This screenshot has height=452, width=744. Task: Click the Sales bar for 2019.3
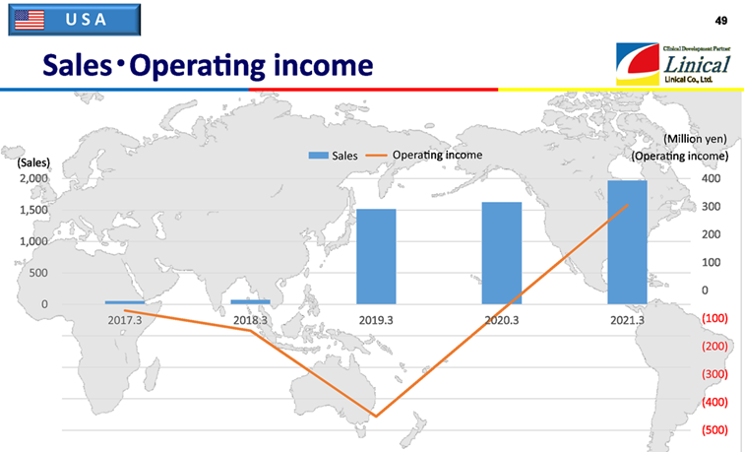click(376, 256)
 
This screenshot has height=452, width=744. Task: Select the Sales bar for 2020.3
click(502, 253)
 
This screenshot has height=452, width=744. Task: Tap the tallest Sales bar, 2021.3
click(627, 242)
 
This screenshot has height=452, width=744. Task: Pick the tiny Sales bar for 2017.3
click(125, 302)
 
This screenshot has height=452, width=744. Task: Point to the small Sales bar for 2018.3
click(251, 302)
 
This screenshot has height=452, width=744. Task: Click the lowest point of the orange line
click(376, 417)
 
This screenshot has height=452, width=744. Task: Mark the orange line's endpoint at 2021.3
click(627, 205)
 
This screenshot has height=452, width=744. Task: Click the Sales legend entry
click(333, 156)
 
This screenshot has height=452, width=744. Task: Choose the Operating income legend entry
click(424, 156)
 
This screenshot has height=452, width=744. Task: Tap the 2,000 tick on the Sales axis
click(33, 178)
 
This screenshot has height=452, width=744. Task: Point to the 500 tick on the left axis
click(38, 273)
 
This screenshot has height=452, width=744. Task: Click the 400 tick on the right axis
click(711, 179)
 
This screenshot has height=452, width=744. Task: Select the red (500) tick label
click(714, 430)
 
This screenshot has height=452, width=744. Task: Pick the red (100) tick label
click(714, 318)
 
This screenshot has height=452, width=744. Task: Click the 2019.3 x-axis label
click(376, 320)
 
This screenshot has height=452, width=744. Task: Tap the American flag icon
click(30, 20)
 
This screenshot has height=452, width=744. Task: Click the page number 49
click(721, 21)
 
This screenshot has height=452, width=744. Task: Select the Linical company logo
click(673, 64)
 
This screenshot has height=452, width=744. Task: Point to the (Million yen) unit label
click(695, 139)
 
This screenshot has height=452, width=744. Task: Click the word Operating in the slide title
click(197, 66)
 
